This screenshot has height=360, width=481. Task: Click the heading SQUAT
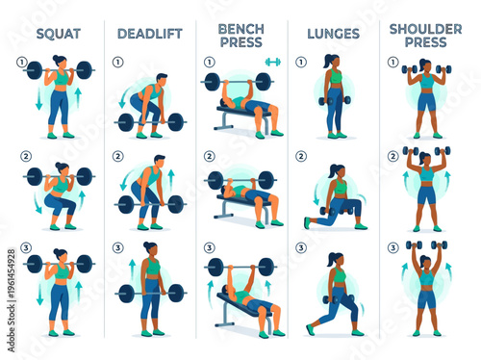pyautogui.click(x=58, y=34)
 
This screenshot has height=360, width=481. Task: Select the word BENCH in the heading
pyautogui.click(x=241, y=28)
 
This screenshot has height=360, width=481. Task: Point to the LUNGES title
pyautogui.click(x=333, y=34)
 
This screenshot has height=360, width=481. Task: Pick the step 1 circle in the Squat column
pyautogui.click(x=23, y=63)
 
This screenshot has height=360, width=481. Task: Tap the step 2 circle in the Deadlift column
pyautogui.click(x=117, y=156)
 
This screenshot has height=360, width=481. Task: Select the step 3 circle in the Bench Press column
pyautogui.click(x=209, y=247)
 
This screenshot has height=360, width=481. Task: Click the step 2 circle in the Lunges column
pyautogui.click(x=301, y=156)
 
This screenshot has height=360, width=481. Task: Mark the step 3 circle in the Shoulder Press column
pyautogui.click(x=393, y=247)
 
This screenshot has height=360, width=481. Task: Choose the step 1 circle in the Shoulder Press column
pyautogui.click(x=393, y=63)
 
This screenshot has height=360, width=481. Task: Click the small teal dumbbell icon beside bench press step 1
pyautogui.click(x=272, y=62)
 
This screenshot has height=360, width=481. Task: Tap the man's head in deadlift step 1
pyautogui.click(x=161, y=79)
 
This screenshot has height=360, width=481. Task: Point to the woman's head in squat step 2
pyautogui.click(x=62, y=168)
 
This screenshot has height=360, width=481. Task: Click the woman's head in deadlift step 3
pyautogui.click(x=151, y=249)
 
